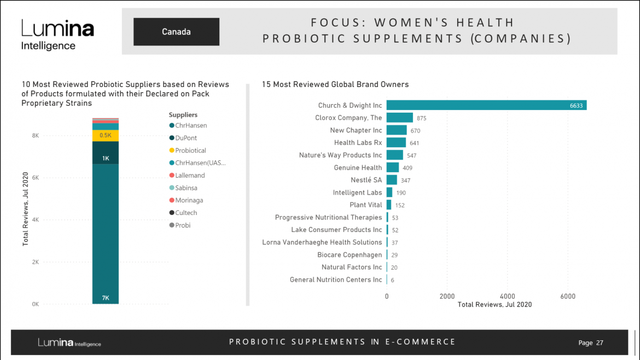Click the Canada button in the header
176,32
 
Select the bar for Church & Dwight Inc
486,105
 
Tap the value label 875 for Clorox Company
421,118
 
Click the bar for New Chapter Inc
397,130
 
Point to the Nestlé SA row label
366,180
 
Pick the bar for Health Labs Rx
396,143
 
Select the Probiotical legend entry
190,150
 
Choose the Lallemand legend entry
190,176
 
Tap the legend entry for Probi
183,225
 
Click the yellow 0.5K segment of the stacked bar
106,135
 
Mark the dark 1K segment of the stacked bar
106,153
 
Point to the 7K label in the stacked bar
106,298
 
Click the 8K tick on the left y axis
35,136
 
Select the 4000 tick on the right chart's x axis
507,297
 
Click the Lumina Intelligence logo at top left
57,35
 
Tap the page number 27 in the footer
600,343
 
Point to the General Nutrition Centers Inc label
336,280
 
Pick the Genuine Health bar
392,167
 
